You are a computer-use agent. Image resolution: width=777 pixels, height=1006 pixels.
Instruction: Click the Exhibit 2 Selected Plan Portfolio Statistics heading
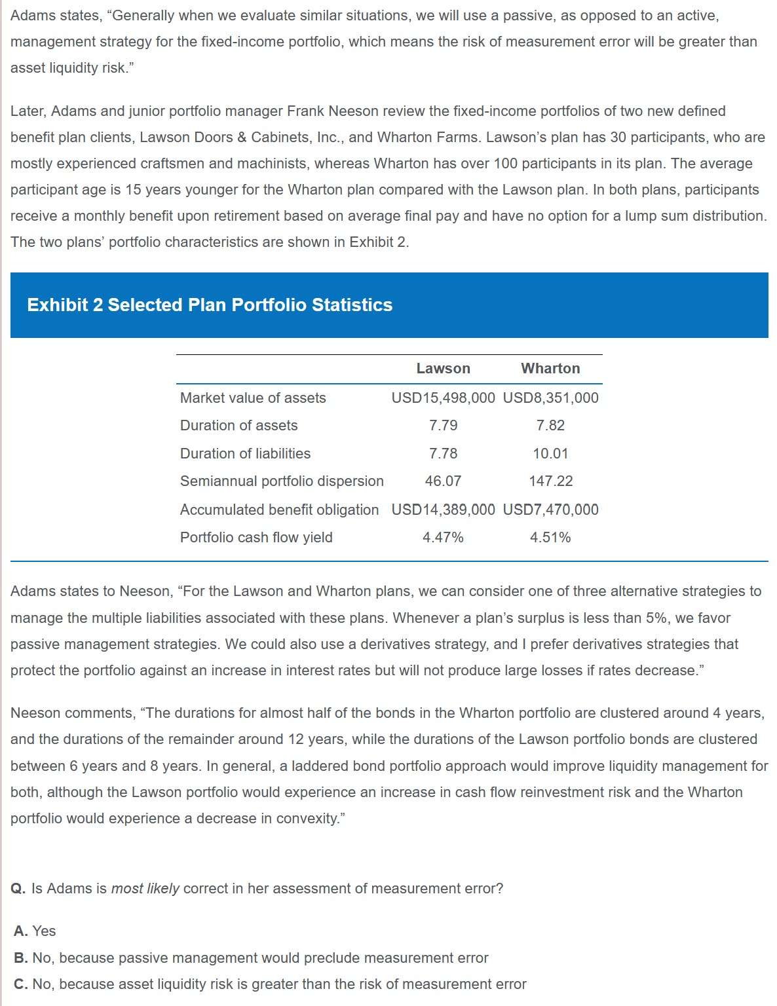tap(210, 305)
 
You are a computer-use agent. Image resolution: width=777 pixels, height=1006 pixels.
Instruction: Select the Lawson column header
tap(443, 369)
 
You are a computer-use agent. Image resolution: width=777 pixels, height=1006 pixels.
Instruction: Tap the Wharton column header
tap(550, 369)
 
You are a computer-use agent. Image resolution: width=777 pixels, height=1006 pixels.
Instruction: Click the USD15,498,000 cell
tap(443, 398)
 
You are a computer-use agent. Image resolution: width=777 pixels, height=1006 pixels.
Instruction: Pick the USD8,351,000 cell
tap(550, 398)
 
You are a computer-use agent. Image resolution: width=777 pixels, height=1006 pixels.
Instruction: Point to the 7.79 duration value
tap(443, 426)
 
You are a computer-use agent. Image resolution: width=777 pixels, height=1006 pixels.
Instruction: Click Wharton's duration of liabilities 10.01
tap(550, 453)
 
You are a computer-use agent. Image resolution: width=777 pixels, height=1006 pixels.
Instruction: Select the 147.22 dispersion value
tap(550, 481)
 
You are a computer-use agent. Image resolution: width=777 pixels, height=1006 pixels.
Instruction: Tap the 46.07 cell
tap(443, 481)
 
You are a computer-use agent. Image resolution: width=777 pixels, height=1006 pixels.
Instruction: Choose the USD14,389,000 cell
tap(443, 510)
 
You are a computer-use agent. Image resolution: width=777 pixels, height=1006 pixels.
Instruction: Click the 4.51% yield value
tap(550, 538)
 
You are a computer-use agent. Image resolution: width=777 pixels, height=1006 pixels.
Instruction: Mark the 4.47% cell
tap(443, 538)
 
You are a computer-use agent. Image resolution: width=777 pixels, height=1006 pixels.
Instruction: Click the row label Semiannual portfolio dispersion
tap(282, 481)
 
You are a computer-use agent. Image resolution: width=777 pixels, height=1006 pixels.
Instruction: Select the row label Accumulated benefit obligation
tap(279, 510)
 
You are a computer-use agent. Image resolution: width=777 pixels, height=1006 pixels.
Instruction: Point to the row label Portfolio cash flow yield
tap(256, 538)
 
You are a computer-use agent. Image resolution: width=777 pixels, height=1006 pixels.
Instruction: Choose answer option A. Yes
tap(35, 931)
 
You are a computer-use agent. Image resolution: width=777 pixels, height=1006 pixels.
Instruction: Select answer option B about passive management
tap(251, 958)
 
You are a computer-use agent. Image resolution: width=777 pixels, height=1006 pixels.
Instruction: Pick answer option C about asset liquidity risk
tap(270, 984)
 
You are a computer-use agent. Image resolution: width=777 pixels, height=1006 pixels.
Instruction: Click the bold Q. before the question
tap(18, 889)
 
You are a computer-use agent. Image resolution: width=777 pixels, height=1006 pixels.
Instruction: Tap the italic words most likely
tap(145, 889)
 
